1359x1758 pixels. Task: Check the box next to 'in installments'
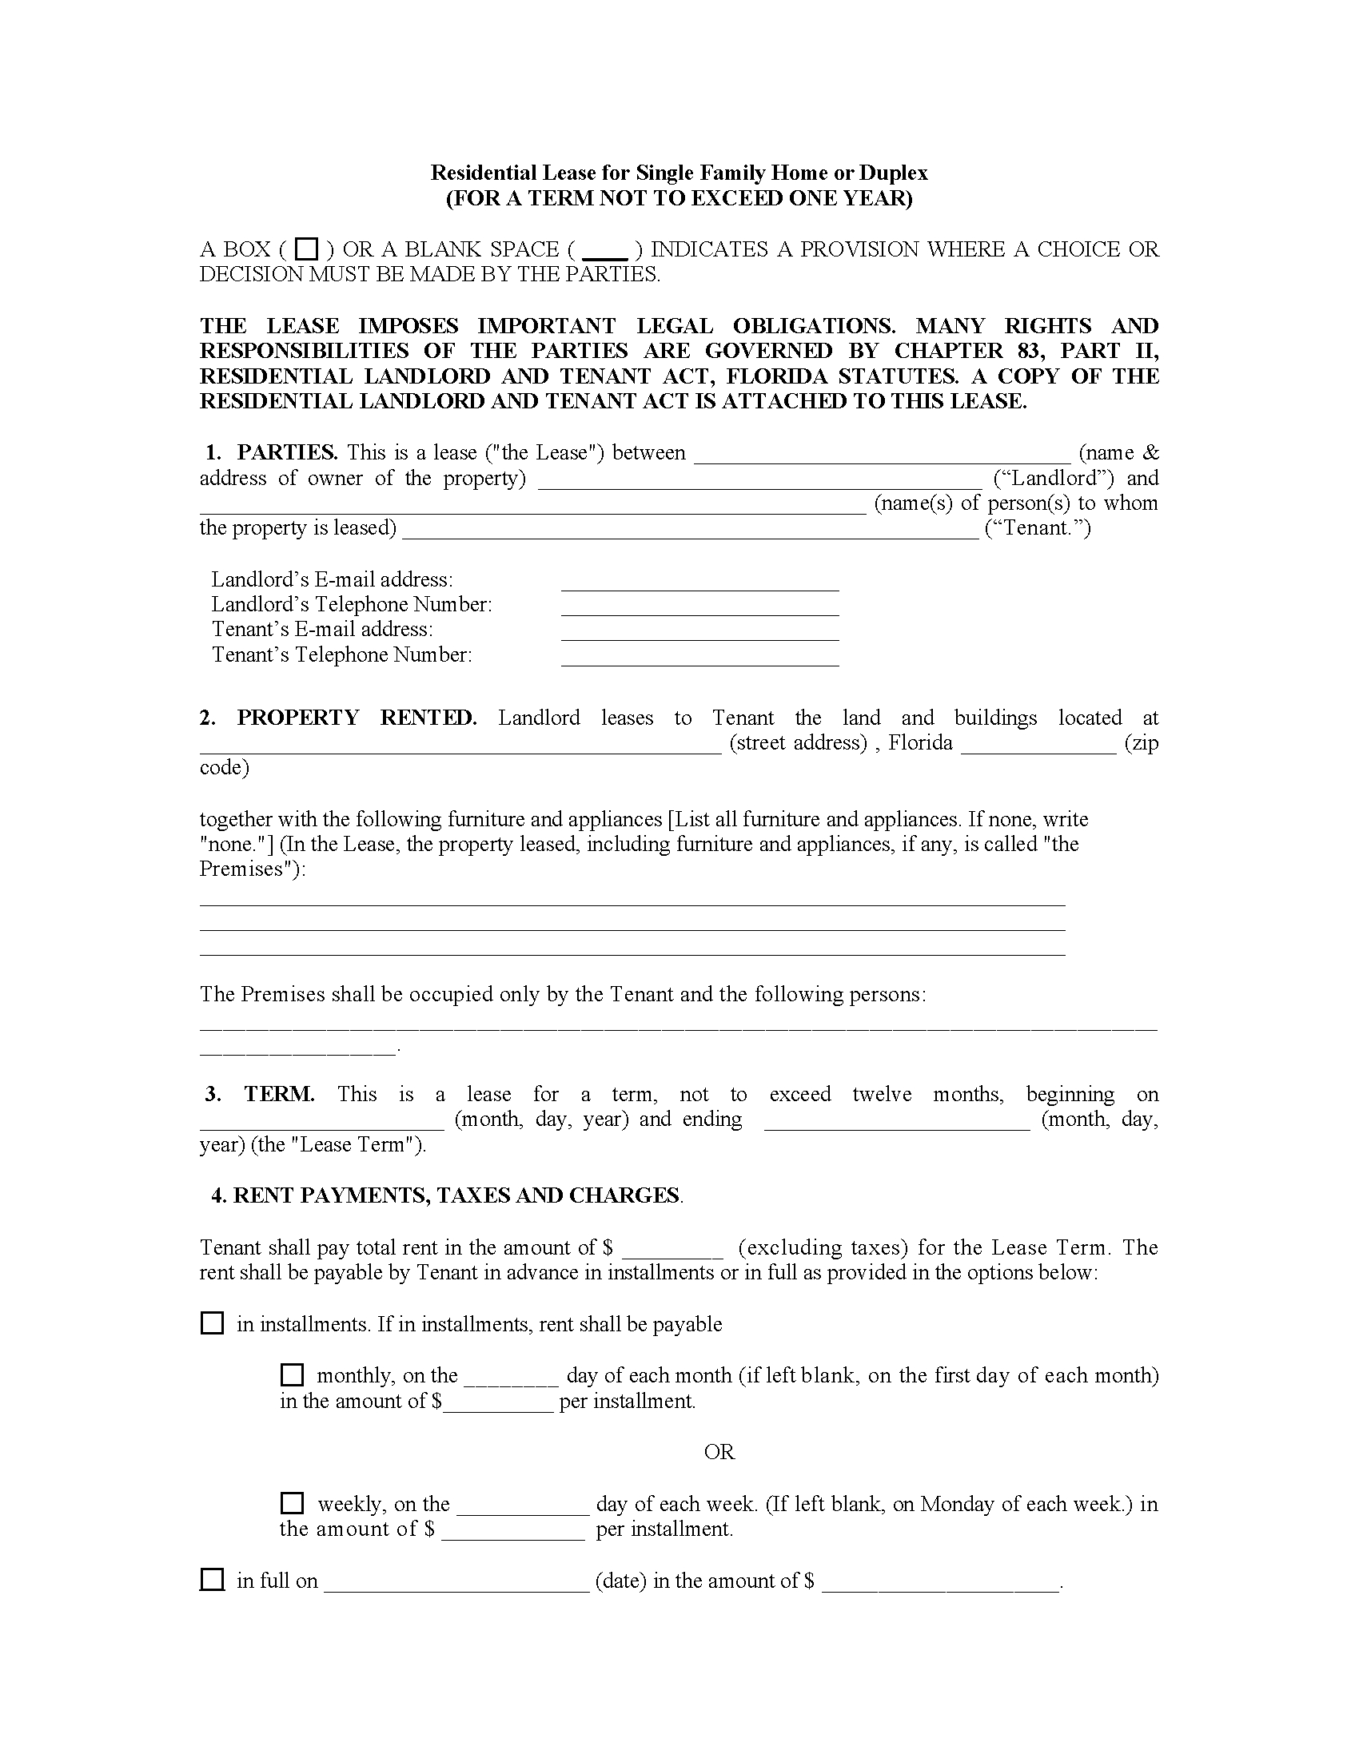[212, 1323]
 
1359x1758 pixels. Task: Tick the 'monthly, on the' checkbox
[292, 1374]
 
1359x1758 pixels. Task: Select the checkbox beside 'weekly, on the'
[292, 1503]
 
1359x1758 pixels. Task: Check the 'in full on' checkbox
[212, 1579]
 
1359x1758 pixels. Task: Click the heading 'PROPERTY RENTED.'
[357, 718]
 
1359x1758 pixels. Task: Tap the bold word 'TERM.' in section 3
[279, 1094]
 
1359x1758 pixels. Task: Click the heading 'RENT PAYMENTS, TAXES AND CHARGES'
[456, 1195]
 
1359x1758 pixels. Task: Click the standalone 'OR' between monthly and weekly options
[719, 1452]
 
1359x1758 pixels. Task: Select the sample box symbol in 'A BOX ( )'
[307, 249]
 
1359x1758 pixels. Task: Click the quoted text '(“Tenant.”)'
[1038, 528]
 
